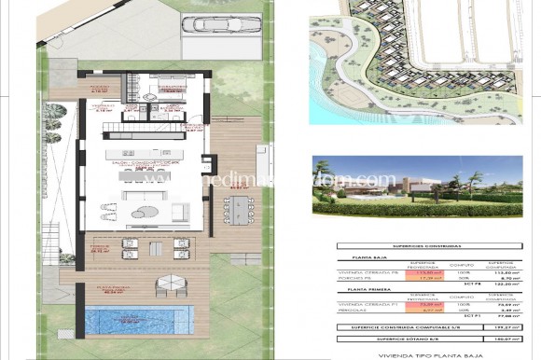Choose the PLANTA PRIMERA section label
(361, 290)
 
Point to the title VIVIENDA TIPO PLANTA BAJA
(423, 355)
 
